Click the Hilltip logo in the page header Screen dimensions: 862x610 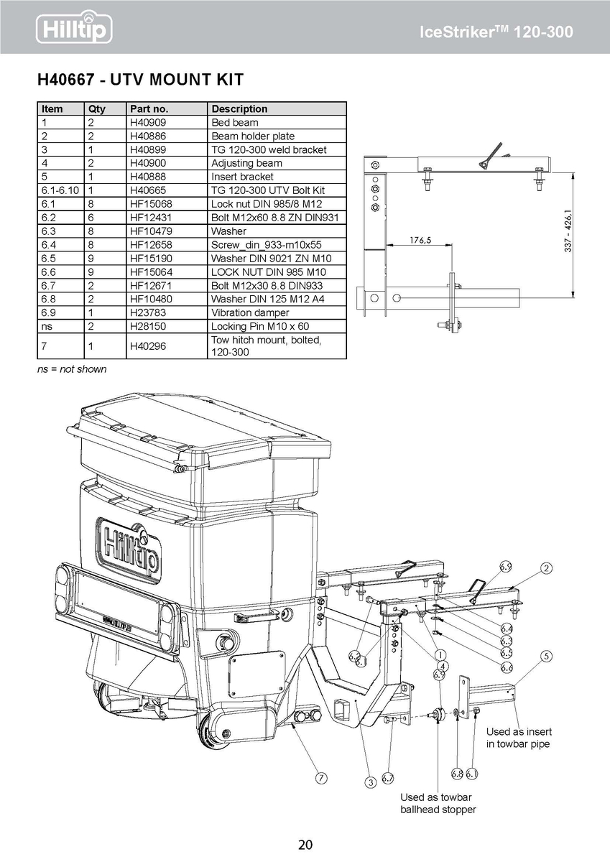point(75,29)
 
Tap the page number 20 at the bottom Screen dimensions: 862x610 point(305,844)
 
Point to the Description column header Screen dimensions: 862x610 point(239,109)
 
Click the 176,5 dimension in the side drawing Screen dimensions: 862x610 point(420,241)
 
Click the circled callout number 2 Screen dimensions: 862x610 point(547,569)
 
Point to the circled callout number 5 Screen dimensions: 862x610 point(547,656)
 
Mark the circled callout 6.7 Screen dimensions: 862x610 point(388,777)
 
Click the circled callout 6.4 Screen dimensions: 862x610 point(507,629)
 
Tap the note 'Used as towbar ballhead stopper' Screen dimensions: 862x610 point(438,803)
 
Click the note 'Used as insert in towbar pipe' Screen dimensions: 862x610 point(519,738)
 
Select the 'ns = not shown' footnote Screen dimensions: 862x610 point(72,369)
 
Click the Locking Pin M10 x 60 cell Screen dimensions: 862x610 point(249,326)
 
